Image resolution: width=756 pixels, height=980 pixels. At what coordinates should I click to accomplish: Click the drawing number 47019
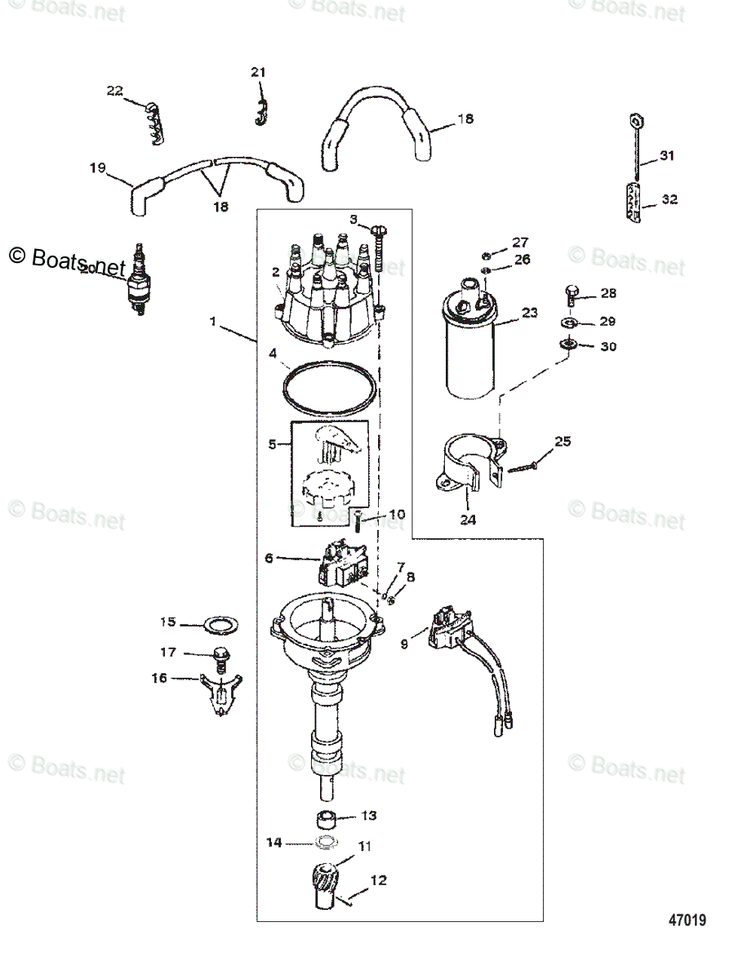coord(687,920)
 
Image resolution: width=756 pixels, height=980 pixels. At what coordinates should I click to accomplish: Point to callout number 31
coord(667,156)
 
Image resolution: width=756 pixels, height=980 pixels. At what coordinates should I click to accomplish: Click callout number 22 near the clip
coord(114,91)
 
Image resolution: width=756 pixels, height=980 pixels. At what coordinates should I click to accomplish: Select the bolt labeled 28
coord(571,293)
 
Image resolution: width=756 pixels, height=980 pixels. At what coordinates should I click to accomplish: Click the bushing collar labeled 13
coord(329,818)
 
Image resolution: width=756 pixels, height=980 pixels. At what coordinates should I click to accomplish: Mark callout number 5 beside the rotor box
coord(273,444)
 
